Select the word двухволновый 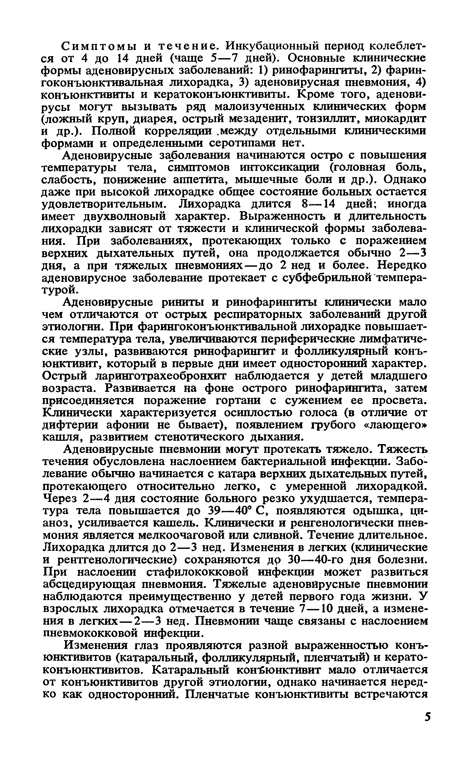coord(125,217)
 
